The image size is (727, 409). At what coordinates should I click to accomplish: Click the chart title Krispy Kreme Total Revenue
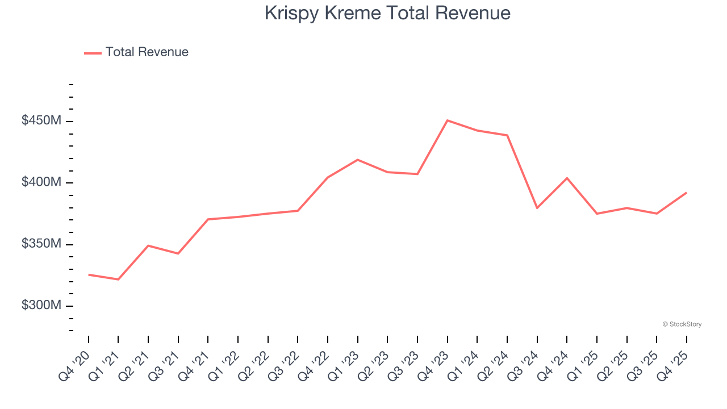[x=387, y=13]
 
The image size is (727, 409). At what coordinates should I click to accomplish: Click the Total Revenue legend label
[x=147, y=52]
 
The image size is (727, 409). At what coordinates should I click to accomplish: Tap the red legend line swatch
[x=93, y=53]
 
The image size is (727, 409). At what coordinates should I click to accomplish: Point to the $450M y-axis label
[x=41, y=121]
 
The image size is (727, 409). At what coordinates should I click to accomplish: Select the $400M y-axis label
[x=41, y=182]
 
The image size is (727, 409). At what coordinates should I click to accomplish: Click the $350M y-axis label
[x=41, y=244]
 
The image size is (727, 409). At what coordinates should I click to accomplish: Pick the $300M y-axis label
[x=41, y=306]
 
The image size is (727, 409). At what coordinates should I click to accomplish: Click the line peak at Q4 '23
[x=448, y=120]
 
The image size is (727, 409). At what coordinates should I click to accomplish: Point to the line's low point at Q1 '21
[x=118, y=279]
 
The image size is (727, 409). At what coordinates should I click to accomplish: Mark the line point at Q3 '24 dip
[x=537, y=208]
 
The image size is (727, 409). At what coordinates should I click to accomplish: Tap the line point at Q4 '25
[x=686, y=193]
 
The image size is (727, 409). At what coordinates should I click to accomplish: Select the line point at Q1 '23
[x=358, y=160]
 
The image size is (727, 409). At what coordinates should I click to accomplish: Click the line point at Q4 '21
[x=208, y=219]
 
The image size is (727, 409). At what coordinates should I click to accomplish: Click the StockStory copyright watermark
[x=682, y=324]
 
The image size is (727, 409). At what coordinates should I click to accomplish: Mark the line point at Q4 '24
[x=567, y=178]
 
